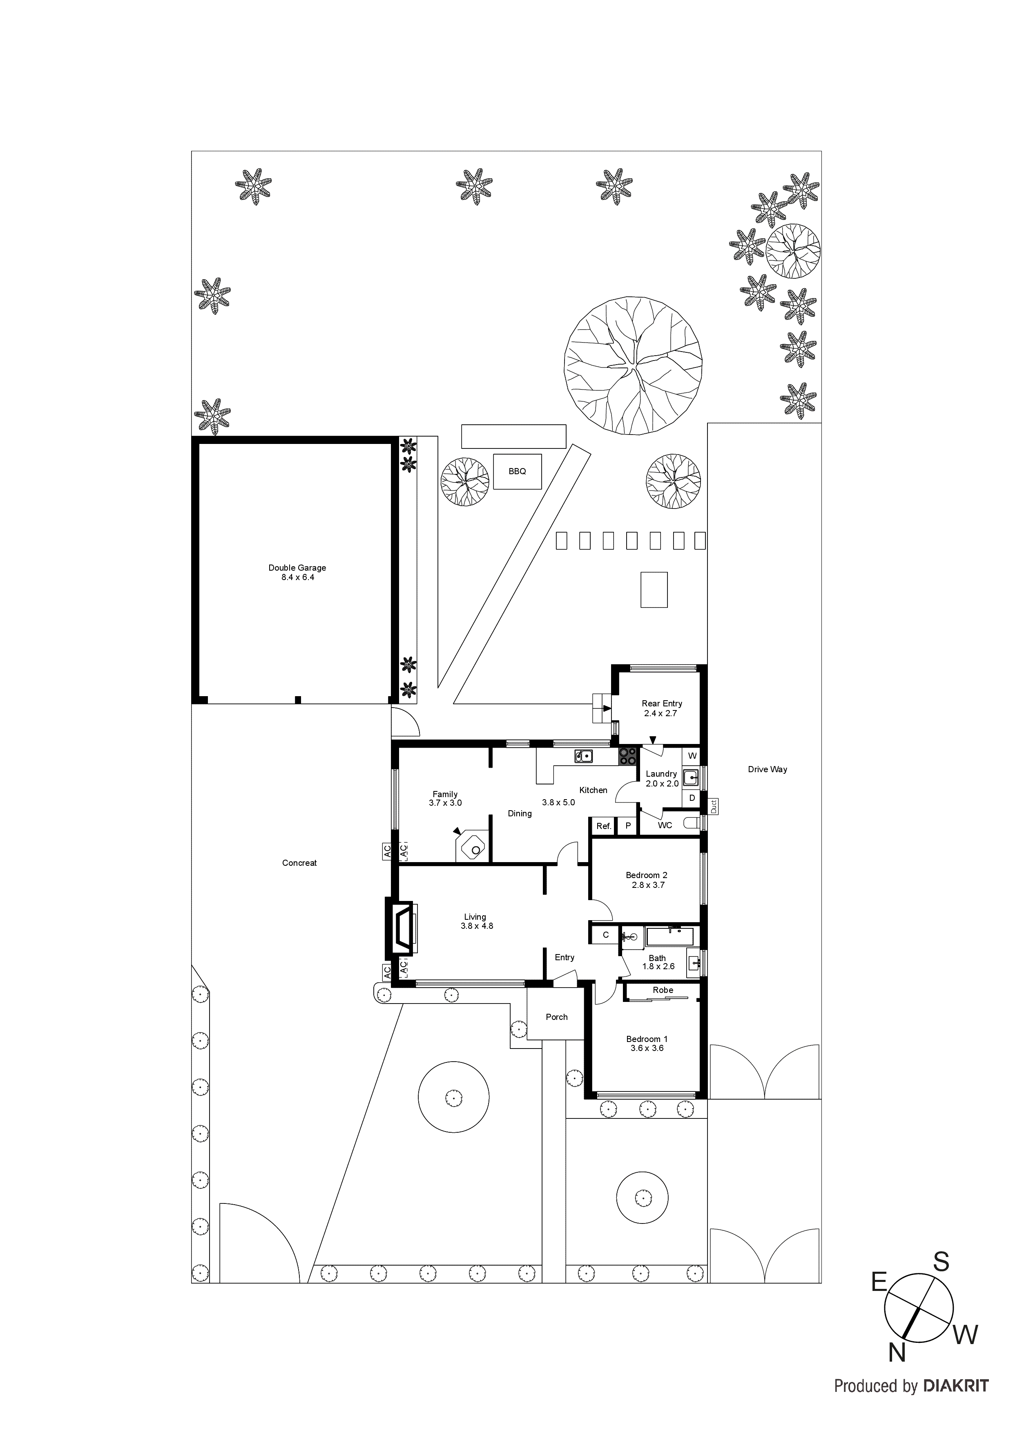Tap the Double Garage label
297,568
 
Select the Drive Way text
767,769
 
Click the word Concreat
299,863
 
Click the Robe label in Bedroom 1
663,990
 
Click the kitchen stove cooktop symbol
628,756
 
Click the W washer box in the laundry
692,756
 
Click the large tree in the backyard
632,365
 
